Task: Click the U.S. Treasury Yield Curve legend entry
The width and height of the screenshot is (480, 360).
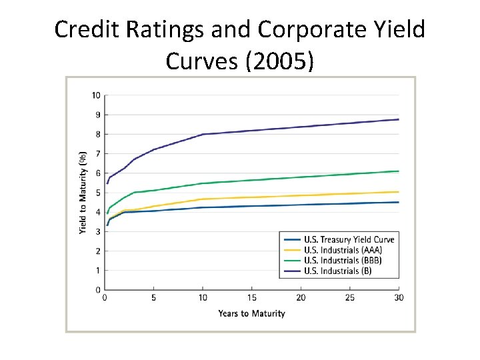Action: [x=349, y=239]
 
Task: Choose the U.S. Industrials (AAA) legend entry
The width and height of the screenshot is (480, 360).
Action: [x=343, y=250]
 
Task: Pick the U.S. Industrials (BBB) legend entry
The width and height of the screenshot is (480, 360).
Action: [x=343, y=260]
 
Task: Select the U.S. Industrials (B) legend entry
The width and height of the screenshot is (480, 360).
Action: [x=337, y=271]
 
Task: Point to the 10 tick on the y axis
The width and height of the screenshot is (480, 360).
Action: [x=97, y=95]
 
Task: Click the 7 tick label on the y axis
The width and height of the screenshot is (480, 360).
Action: [x=98, y=154]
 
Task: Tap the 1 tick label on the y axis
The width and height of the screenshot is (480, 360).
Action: [x=98, y=271]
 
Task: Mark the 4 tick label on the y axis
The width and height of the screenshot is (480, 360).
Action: [x=98, y=212]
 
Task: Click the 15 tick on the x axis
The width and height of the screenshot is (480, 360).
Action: [x=252, y=298]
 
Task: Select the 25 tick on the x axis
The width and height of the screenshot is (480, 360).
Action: [x=350, y=298]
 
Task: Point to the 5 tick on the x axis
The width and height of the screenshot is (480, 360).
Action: [x=154, y=298]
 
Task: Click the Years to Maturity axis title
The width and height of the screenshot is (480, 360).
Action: [x=251, y=313]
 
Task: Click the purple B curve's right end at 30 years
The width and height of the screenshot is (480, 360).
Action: [x=399, y=119]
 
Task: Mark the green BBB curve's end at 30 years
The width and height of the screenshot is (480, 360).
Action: [x=399, y=171]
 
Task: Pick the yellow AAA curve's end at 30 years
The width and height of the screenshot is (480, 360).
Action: [x=399, y=192]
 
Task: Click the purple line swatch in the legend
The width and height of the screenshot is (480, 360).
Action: [x=292, y=271]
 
